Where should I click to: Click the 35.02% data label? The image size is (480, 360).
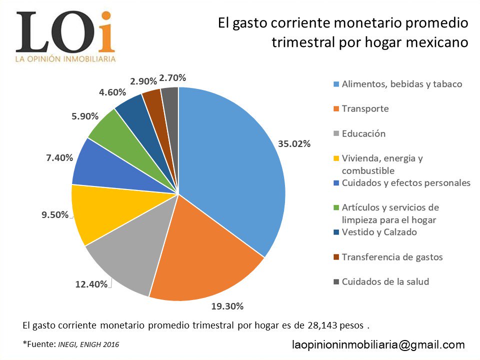294,144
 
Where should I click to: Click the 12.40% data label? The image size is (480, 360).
91,284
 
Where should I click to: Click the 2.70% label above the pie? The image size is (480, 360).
172,77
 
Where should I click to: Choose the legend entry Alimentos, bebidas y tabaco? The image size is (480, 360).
401,84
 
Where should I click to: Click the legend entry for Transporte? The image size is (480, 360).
365,108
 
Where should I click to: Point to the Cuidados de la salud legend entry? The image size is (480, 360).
385,281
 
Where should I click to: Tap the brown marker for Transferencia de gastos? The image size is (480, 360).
336,257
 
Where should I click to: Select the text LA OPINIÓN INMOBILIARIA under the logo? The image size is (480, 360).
65,59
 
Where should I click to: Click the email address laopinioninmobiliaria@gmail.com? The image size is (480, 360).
378,344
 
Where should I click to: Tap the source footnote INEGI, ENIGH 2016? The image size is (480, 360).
88,344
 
